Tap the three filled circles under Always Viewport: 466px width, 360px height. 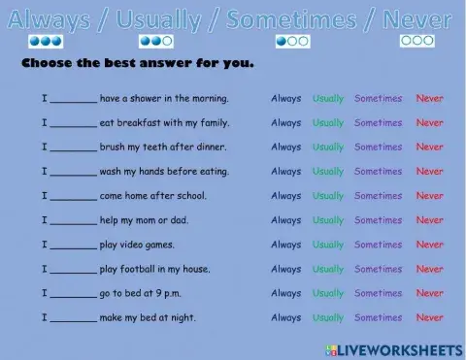46,42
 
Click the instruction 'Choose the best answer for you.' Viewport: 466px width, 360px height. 137,65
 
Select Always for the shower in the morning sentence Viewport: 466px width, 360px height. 285,98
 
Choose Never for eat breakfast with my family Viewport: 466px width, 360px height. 429,123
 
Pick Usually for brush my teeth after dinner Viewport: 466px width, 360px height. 328,147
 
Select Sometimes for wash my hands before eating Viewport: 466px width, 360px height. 378,172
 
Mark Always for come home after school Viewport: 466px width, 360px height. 285,196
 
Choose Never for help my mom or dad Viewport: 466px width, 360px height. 429,220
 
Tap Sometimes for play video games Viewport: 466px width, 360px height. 378,245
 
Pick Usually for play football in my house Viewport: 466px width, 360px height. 328,269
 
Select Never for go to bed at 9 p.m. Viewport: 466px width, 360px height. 429,293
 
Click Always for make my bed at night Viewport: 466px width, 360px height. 285,317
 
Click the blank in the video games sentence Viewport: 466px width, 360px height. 73,246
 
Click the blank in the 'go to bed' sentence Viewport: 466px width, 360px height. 73,295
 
